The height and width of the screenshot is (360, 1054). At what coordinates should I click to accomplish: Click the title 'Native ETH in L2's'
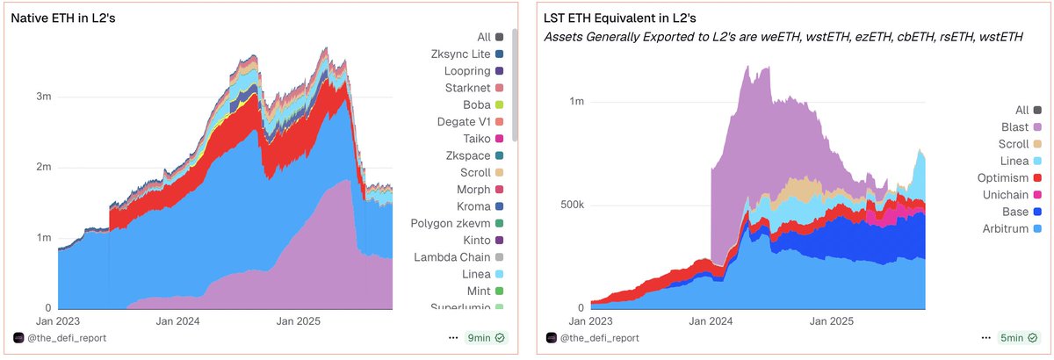click(63, 18)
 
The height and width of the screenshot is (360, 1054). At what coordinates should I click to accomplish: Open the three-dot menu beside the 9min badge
click(452, 337)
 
